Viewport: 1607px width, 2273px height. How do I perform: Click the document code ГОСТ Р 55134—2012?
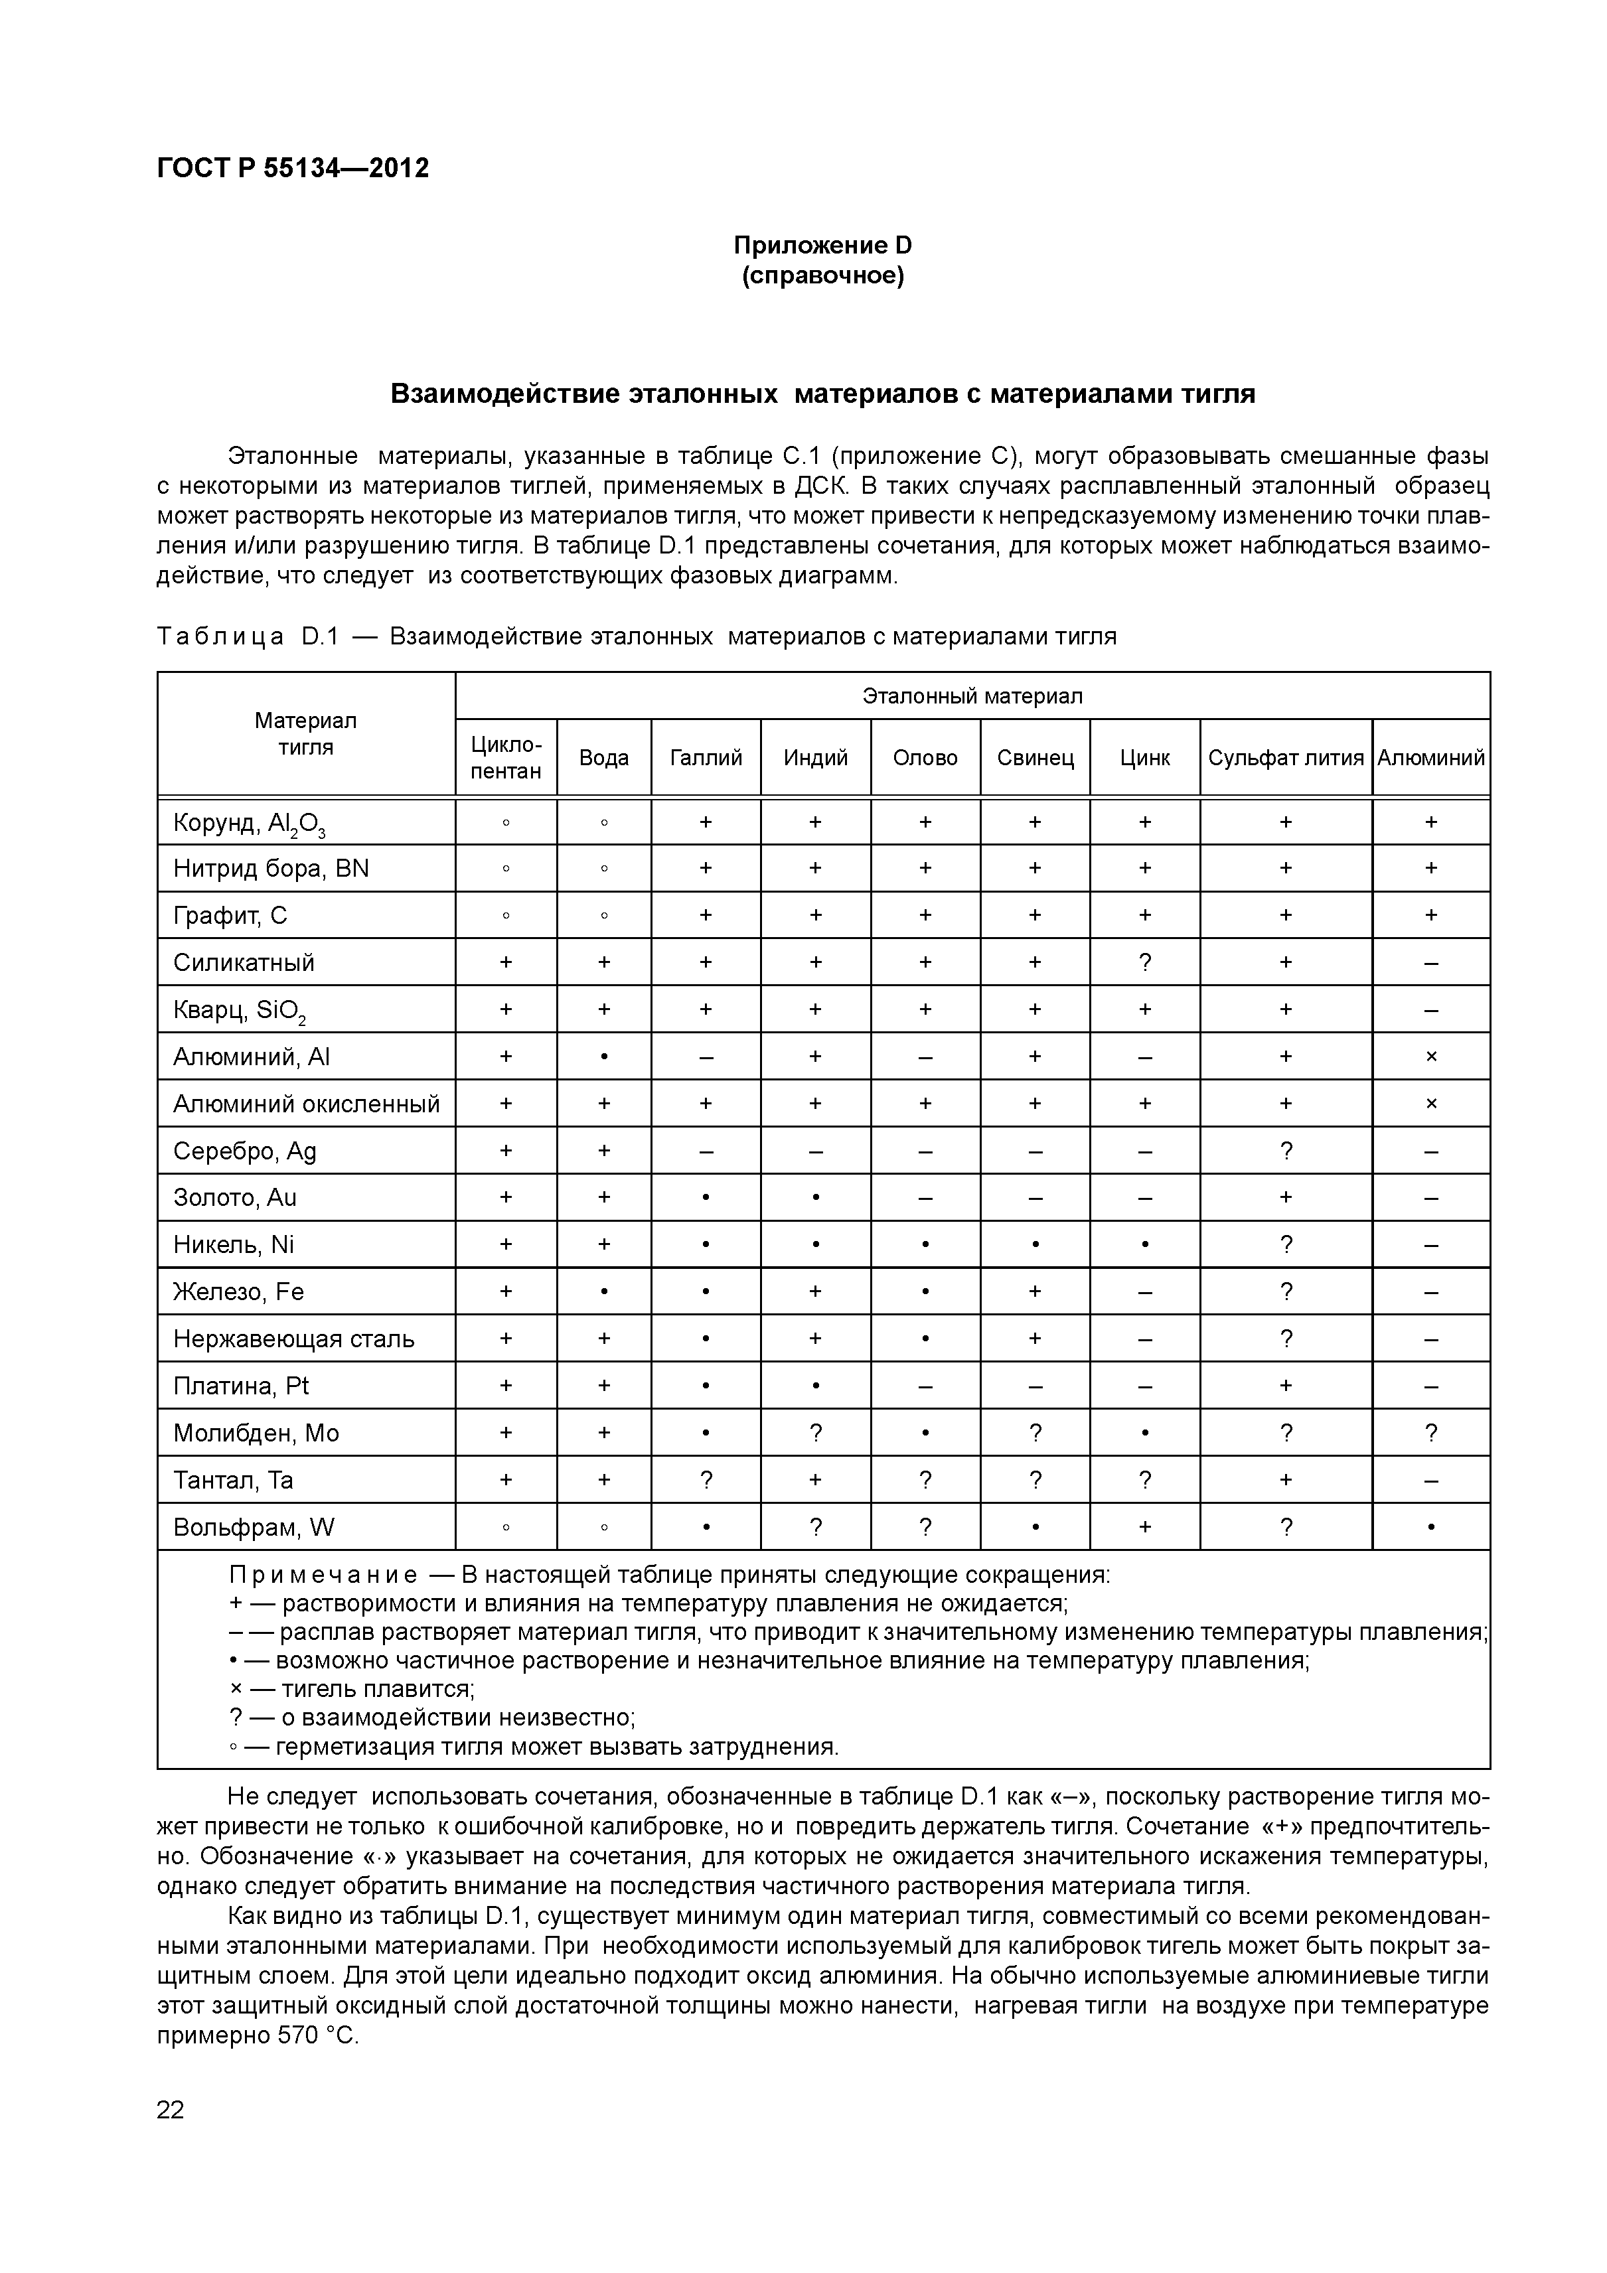(x=293, y=169)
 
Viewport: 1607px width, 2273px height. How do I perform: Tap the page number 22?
(x=171, y=2110)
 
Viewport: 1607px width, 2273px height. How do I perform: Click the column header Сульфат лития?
(x=1285, y=757)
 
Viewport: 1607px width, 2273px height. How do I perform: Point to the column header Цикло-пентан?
(x=505, y=757)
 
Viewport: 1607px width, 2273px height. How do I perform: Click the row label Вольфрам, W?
(x=254, y=1528)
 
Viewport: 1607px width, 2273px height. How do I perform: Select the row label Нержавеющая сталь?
(x=293, y=1339)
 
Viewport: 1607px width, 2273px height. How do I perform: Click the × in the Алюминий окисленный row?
(x=1430, y=1104)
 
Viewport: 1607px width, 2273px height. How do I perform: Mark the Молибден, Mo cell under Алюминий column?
(x=1430, y=1433)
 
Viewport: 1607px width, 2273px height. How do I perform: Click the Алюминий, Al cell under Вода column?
(x=604, y=1057)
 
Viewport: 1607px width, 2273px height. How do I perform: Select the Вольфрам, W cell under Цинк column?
(x=1144, y=1528)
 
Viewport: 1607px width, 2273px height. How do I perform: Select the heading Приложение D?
(x=822, y=244)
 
